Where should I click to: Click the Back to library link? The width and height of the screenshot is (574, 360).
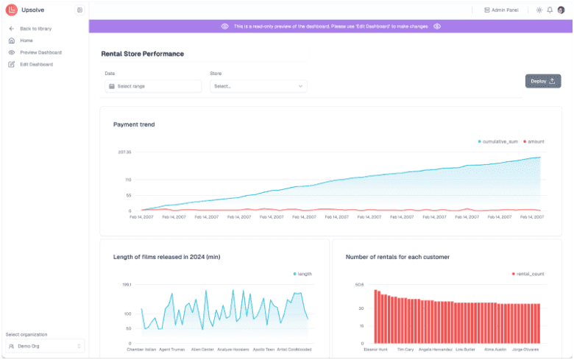35,29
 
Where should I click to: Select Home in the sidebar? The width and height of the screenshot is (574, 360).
26,40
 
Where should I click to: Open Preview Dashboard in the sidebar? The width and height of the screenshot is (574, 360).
40,52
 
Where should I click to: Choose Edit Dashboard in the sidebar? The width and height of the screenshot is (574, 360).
36,64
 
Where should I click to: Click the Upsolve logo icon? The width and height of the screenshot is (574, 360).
11,10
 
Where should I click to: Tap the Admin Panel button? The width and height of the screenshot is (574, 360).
500,10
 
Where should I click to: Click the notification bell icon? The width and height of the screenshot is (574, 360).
550,10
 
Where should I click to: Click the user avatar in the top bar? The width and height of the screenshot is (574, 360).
561,10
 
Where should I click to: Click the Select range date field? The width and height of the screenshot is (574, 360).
153,86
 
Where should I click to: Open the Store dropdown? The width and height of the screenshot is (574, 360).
258,86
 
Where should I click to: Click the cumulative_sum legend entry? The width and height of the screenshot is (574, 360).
498,141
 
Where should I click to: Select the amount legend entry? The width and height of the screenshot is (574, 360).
534,141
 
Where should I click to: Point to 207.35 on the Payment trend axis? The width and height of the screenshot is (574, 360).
124,152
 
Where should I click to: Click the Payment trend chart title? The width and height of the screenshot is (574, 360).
134,124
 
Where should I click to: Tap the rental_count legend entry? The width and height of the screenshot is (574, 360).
528,273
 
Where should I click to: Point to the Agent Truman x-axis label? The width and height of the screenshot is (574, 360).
171,350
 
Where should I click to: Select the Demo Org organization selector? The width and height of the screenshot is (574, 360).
45,345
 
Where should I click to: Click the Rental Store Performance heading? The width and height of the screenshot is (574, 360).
142,54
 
